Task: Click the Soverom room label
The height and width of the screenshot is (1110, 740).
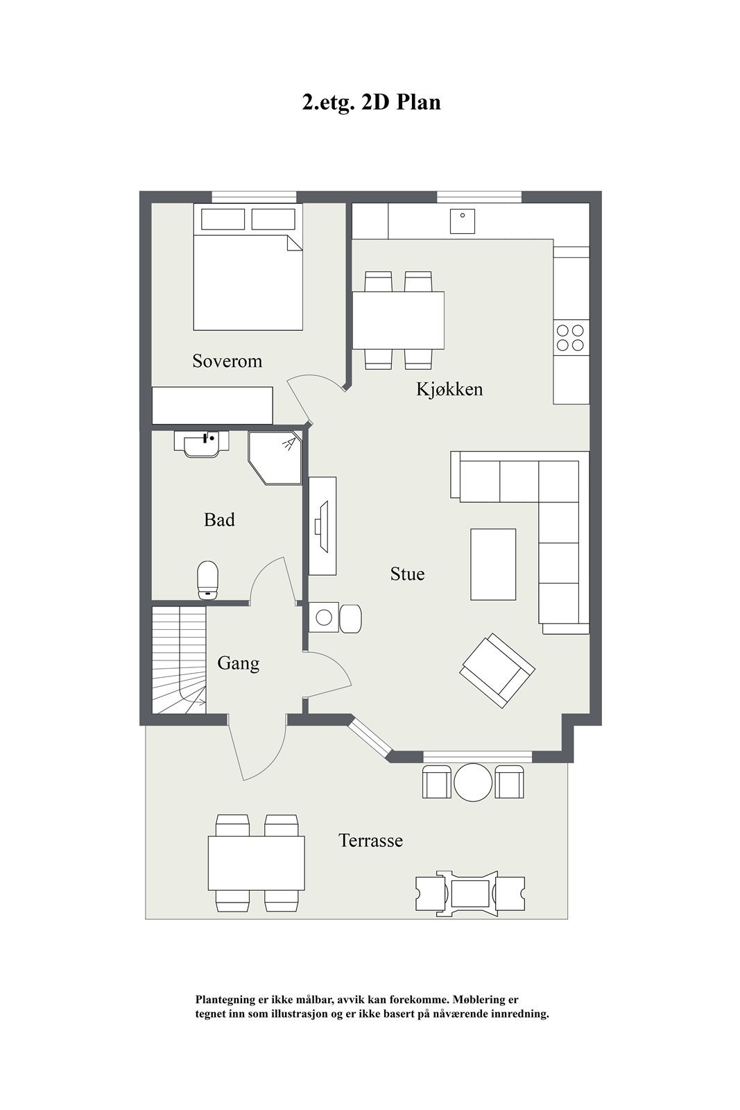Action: click(227, 361)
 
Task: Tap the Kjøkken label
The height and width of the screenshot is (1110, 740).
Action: click(449, 389)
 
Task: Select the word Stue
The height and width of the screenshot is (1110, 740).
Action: click(407, 574)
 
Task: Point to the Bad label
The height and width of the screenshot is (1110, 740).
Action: click(219, 520)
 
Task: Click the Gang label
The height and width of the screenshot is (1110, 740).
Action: click(238, 663)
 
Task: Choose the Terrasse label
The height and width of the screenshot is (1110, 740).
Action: click(370, 841)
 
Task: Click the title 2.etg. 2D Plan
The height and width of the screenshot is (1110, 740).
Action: click(371, 103)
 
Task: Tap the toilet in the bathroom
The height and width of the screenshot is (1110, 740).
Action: click(208, 580)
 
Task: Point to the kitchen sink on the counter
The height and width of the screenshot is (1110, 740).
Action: click(462, 221)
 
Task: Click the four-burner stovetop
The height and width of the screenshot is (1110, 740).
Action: click(571, 337)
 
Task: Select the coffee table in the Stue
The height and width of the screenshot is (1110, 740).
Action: click(493, 564)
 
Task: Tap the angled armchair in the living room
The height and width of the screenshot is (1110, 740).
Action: click(497, 670)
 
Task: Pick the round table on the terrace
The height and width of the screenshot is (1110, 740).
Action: click(473, 783)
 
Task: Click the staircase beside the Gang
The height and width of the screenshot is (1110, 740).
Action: click(179, 659)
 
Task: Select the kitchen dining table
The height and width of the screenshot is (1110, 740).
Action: click(398, 320)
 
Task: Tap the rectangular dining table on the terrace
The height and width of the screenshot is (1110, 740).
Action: click(257, 863)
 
